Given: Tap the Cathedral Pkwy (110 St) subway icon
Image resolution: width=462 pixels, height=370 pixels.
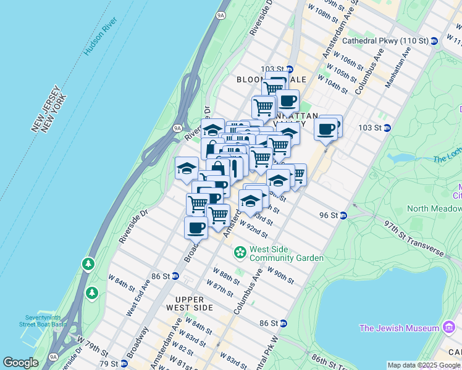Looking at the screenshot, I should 434,41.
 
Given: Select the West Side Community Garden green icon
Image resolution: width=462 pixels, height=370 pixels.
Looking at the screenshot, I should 239,253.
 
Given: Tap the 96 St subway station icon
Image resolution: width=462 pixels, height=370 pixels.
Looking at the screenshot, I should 344,215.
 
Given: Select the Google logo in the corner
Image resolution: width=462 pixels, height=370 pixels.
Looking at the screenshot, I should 20,363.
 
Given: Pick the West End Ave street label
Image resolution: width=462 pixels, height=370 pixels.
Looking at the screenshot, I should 138,298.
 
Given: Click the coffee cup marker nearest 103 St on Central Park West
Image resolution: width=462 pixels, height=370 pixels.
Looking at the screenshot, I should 326,129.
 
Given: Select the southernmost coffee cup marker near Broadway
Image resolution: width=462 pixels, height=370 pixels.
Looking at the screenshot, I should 196,227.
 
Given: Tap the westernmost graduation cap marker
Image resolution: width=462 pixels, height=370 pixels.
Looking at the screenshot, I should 187,168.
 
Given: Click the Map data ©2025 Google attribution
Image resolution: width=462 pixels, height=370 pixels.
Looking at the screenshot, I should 424,365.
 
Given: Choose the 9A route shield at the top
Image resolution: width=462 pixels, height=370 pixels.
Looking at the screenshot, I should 220,15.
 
